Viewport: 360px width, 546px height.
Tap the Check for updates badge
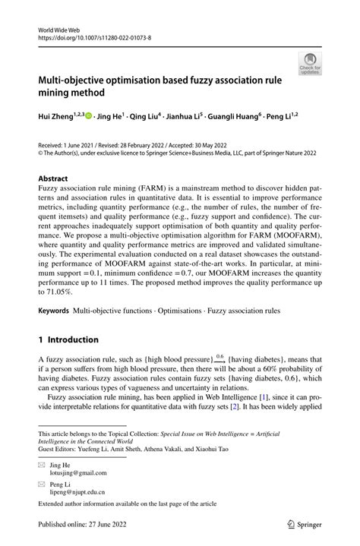[309, 64]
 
